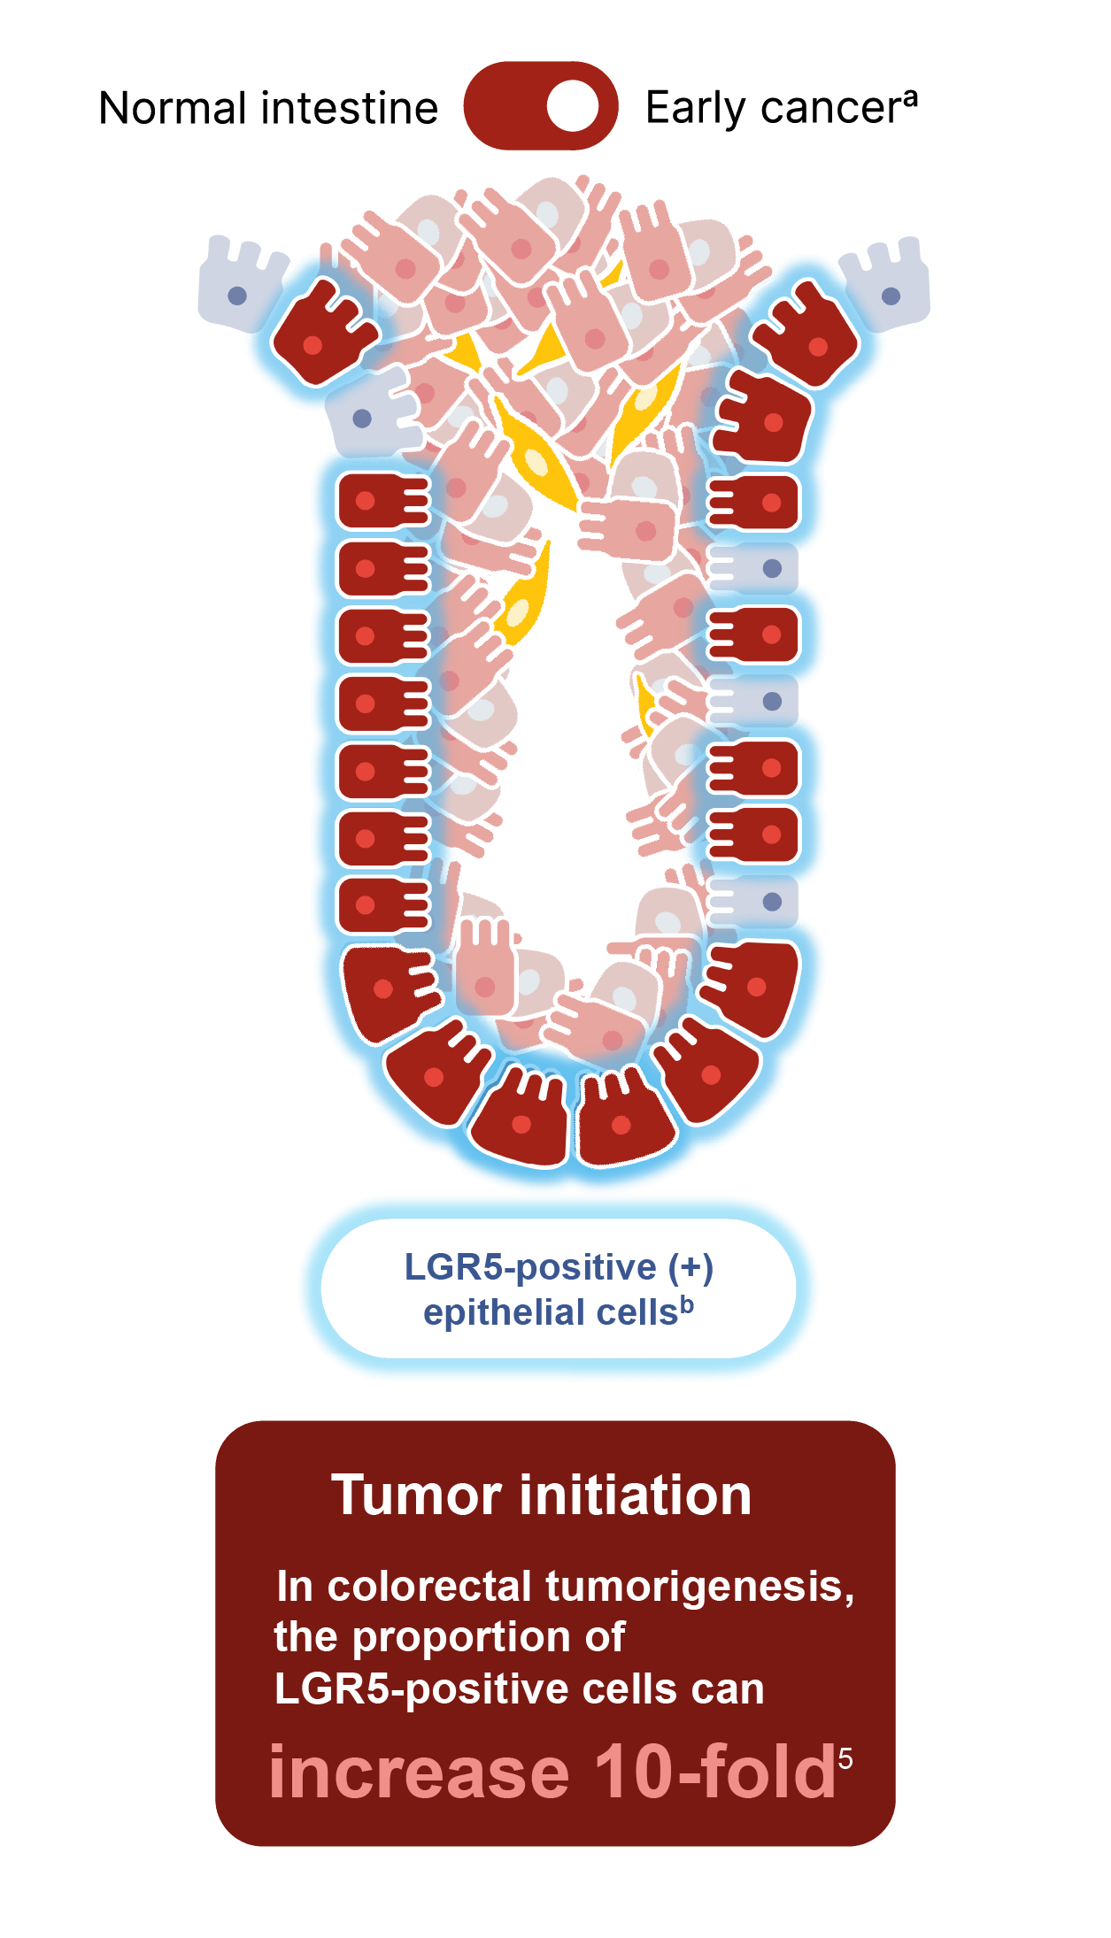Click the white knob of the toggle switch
pos(573,105)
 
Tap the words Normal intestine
pos(268,108)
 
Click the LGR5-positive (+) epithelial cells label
pos(559,1288)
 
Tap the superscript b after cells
pos(687,1304)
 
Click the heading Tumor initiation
pos(541,1495)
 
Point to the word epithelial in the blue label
pos(502,1312)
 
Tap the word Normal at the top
pos(173,108)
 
